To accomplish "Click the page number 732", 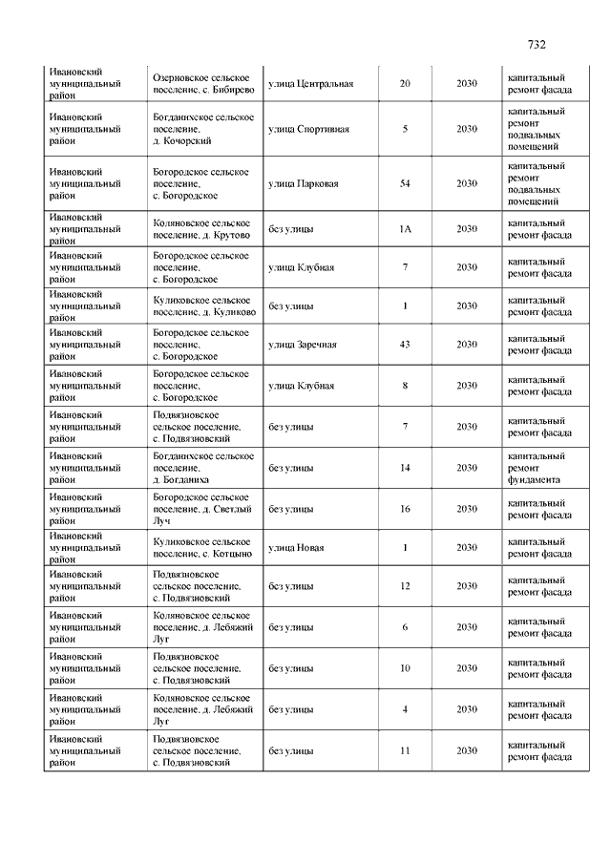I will click(x=536, y=44).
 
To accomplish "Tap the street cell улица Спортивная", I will click(x=308, y=129).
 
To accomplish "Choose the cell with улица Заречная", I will click(x=303, y=345).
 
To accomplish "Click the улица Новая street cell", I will click(x=296, y=548).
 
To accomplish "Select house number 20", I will click(x=405, y=84).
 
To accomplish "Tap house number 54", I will click(x=405, y=183).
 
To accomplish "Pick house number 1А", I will click(x=405, y=229).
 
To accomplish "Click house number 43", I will click(x=405, y=345).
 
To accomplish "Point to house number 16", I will click(x=405, y=509).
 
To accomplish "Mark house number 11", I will click(x=405, y=751).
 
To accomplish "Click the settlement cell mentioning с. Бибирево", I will click(x=203, y=82).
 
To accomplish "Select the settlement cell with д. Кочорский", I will click(x=203, y=129).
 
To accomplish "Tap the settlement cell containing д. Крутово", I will click(x=203, y=229).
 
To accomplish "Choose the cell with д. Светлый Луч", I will click(x=203, y=509).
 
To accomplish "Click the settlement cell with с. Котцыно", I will click(x=203, y=548).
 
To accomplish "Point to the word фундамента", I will click(x=535, y=481).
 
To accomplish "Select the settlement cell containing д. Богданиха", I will click(x=203, y=468).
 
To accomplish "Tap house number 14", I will click(x=405, y=468).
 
